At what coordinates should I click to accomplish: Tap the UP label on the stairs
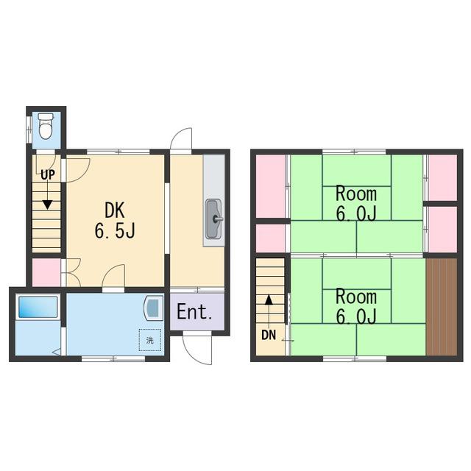tap(48, 174)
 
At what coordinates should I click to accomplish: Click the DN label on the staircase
tap(269, 335)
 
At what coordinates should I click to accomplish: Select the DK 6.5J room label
tap(115, 220)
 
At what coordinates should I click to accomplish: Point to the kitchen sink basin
tap(213, 219)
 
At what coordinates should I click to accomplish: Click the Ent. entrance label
tap(194, 311)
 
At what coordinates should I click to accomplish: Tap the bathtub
tap(38, 307)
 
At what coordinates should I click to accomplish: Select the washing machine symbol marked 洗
tap(150, 340)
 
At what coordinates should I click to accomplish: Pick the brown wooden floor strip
tap(442, 306)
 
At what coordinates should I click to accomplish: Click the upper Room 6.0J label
tap(356, 204)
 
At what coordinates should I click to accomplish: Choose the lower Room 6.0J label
tap(356, 306)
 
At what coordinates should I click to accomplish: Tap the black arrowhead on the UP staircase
tap(47, 205)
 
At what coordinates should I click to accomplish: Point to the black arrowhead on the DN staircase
tap(269, 300)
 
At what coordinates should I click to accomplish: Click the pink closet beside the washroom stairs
tap(46, 272)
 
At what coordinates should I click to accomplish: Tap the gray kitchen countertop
tap(213, 200)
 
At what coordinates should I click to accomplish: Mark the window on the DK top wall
tap(118, 152)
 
